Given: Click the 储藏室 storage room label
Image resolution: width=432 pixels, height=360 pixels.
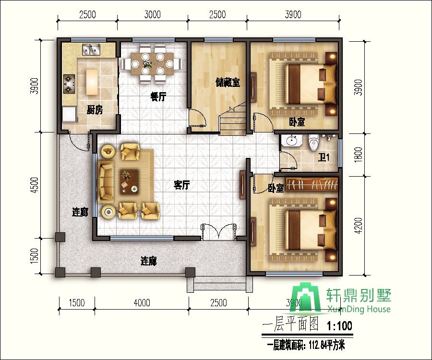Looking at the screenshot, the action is click(228, 83).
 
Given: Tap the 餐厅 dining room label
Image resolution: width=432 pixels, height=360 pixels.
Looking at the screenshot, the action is click(158, 96).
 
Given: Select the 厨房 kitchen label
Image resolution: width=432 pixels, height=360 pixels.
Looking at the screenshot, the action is click(95, 110).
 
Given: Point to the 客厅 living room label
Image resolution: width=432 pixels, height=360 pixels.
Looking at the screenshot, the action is click(181, 185).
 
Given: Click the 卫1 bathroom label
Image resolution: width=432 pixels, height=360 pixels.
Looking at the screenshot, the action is click(324, 157).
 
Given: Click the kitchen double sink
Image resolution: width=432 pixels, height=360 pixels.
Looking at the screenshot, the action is click(91, 49).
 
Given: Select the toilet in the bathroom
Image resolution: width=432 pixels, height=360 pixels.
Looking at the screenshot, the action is click(313, 143).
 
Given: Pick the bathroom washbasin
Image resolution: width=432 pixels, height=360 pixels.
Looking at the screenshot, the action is click(291, 141).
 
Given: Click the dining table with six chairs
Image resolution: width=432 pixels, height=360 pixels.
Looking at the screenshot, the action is click(152, 64).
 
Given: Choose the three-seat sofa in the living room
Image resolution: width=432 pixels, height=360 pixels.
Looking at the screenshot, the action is click(106, 181).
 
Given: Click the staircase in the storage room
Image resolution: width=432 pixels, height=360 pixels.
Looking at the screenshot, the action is click(233, 119).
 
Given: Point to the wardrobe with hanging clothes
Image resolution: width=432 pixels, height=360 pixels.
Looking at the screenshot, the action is click(312, 184).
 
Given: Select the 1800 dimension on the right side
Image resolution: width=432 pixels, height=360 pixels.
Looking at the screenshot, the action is click(358, 154).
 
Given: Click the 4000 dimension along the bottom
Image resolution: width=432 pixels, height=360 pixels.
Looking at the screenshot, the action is click(142, 303).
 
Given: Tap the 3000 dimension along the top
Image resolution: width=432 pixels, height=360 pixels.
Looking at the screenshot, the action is click(152, 14).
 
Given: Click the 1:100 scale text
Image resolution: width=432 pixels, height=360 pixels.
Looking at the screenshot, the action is click(339, 326).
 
